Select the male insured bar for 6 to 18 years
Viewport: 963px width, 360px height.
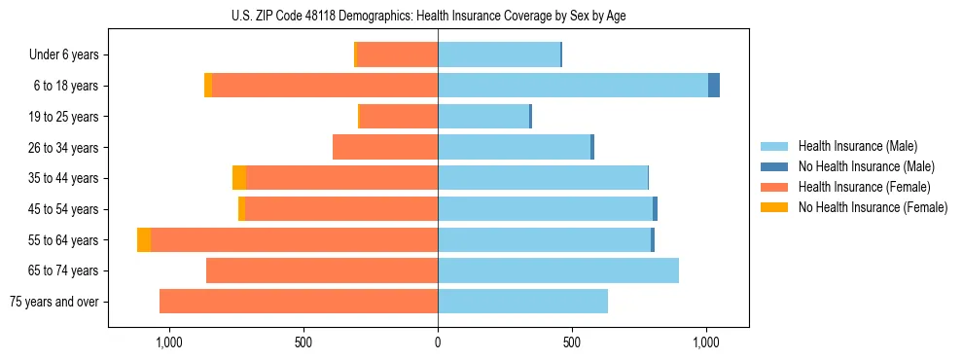click(x=573, y=86)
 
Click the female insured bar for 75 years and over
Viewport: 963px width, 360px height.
click(x=299, y=302)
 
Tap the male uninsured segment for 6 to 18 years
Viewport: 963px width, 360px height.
click(x=714, y=86)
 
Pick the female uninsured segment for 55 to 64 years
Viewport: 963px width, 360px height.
click(x=144, y=240)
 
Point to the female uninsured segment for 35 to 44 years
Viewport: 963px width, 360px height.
click(x=239, y=178)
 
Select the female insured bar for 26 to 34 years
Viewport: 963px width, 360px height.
click(x=385, y=147)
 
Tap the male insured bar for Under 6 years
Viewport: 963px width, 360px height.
click(x=499, y=54)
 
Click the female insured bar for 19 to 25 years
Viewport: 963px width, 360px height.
click(x=399, y=117)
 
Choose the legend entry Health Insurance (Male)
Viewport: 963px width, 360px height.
click(x=857, y=146)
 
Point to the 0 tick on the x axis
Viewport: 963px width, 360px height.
click(x=438, y=342)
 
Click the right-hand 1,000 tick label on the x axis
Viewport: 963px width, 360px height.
click(x=706, y=342)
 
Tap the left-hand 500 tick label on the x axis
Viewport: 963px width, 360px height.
click(x=303, y=342)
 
